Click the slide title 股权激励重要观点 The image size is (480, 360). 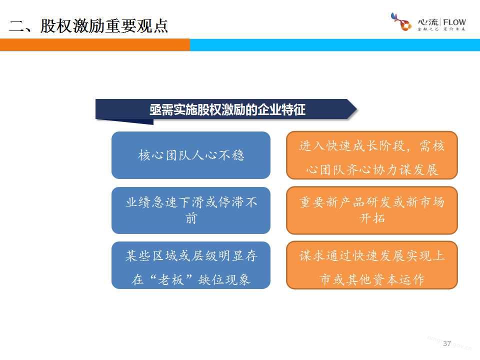104,25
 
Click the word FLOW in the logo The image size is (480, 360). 454,22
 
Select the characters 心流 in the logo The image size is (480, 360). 428,22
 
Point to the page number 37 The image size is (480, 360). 447,343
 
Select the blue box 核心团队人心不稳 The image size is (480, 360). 191,155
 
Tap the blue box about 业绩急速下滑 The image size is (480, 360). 191,210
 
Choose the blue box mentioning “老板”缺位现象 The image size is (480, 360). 191,265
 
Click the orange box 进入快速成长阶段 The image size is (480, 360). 372,155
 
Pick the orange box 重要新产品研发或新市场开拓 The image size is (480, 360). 372,210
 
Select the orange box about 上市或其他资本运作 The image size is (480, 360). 372,265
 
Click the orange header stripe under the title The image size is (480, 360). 95,44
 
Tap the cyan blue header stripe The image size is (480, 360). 335,44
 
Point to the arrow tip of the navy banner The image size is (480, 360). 357,108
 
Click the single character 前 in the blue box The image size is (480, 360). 191,218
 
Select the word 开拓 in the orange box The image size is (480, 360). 372,218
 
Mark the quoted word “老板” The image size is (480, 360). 171,279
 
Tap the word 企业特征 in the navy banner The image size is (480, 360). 281,109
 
